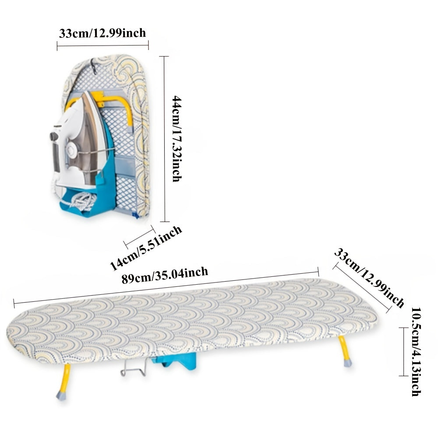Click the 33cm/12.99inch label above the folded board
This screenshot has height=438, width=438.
point(102,33)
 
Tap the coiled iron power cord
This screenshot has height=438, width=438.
point(83,201)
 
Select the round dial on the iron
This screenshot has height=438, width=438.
point(70,151)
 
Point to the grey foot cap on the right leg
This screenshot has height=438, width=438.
point(347,363)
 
